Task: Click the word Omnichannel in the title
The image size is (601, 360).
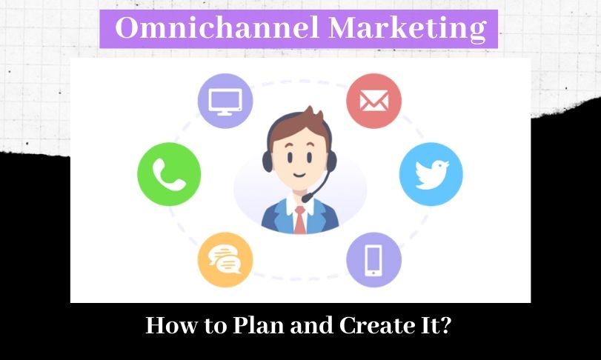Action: click(x=217, y=27)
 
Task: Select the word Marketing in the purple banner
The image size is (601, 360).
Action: click(x=408, y=29)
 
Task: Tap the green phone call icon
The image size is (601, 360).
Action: click(x=169, y=174)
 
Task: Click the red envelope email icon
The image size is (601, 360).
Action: click(x=373, y=101)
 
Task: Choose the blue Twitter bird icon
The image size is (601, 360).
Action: click(x=431, y=174)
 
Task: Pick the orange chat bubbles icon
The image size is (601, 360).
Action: click(x=225, y=260)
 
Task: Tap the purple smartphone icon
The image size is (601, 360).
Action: click(x=373, y=260)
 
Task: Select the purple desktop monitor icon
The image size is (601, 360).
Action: click(x=225, y=101)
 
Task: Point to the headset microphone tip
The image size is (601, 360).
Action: click(x=306, y=199)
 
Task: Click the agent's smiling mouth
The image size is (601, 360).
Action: click(x=299, y=176)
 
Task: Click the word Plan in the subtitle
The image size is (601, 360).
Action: click(x=260, y=325)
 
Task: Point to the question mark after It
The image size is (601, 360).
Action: click(x=445, y=325)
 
